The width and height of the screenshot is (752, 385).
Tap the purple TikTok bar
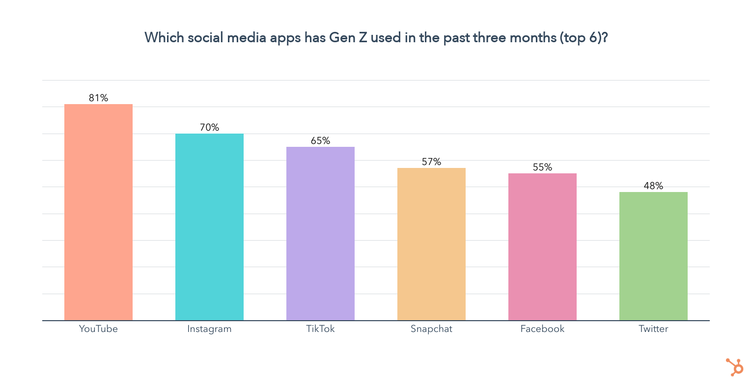pos(320,234)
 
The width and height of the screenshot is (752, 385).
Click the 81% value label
pos(98,98)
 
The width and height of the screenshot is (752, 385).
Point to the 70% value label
pos(209,127)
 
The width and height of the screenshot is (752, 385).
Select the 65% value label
pos(320,140)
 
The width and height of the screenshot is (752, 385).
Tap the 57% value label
pos(431,162)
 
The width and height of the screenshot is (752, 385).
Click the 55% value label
pos(542,167)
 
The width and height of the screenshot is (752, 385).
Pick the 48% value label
pos(653,186)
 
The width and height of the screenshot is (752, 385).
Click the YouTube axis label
pos(98,329)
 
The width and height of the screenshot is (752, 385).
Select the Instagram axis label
pos(209,329)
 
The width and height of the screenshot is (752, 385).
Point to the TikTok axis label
pos(320,329)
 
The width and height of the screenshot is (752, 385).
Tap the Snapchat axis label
pos(431,329)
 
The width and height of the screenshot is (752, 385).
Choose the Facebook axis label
pos(542,329)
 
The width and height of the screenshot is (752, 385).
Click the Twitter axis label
pos(653,329)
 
